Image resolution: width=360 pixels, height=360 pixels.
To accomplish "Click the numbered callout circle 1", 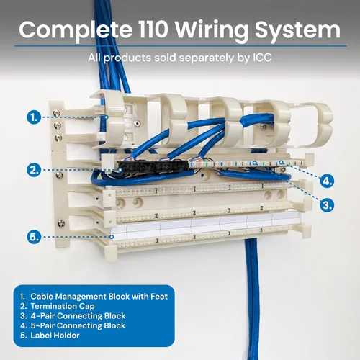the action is (x=34, y=117).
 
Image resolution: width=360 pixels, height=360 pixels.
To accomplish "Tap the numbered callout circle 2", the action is (x=34, y=170).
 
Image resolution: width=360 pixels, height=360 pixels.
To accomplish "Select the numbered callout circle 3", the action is (x=327, y=205).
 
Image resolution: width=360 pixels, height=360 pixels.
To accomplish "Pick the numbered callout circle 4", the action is (x=327, y=181).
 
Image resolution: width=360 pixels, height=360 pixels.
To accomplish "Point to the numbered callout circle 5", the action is (x=34, y=237).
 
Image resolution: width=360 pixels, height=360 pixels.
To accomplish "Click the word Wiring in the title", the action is (x=212, y=30).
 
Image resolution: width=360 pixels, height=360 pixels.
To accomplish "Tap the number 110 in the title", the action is (x=153, y=30).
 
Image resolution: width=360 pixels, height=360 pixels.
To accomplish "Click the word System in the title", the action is (x=297, y=31).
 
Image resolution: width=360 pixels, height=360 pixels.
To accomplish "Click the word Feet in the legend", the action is (x=159, y=297).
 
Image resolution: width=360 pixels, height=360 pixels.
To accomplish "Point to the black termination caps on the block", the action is (x=153, y=166).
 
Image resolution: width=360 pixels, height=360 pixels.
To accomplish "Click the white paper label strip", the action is (x=205, y=225).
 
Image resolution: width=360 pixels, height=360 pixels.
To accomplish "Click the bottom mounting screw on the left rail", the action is (x=61, y=224).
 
